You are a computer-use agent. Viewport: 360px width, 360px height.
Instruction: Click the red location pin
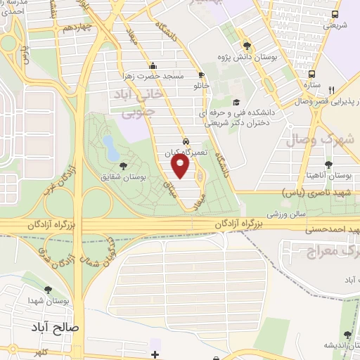[181, 166]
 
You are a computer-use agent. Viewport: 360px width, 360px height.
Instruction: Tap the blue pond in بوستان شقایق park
[110, 147]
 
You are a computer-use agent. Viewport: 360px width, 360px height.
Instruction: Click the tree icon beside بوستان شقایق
[123, 167]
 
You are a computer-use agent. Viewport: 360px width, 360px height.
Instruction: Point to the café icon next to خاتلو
[202, 75]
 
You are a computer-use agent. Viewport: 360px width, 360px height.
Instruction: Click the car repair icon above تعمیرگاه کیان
[185, 141]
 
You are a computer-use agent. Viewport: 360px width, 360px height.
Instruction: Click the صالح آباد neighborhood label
[56, 328]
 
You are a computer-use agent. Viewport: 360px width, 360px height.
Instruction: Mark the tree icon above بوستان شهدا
[48, 290]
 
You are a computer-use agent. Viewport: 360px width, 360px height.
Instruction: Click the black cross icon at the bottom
[155, 353]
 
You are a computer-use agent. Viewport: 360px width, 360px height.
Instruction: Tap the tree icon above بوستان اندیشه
[346, 335]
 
